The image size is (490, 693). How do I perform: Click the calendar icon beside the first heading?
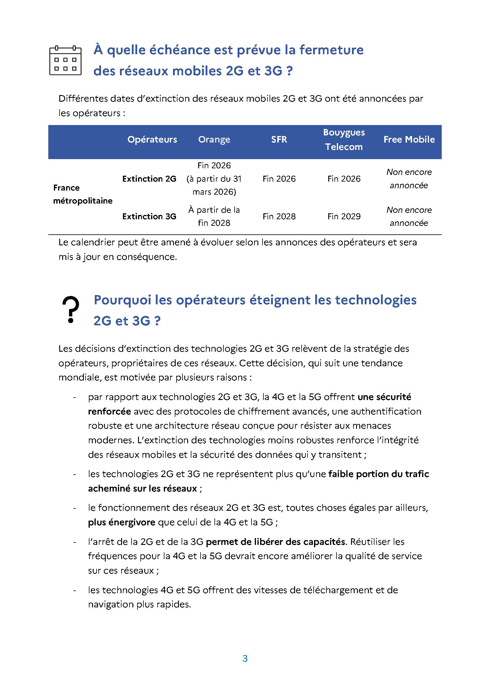click(x=65, y=60)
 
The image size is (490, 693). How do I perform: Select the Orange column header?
click(x=214, y=140)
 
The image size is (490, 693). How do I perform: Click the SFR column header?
click(x=279, y=140)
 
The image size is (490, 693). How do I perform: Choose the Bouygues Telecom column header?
click(x=344, y=140)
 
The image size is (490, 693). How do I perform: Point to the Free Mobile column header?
click(x=409, y=140)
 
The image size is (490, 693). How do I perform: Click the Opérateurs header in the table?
click(x=152, y=140)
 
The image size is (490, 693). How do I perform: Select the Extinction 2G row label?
click(x=149, y=179)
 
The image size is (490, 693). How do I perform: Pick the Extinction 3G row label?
click(x=149, y=216)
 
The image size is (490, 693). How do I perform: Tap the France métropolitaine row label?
click(x=83, y=194)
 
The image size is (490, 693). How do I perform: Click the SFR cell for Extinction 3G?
click(x=279, y=216)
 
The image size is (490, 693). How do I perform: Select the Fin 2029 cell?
click(x=344, y=216)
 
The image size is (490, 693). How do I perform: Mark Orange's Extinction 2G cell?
click(x=214, y=179)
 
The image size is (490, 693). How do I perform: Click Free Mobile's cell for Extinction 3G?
click(x=409, y=216)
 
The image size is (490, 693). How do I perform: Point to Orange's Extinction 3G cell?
click(x=214, y=216)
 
